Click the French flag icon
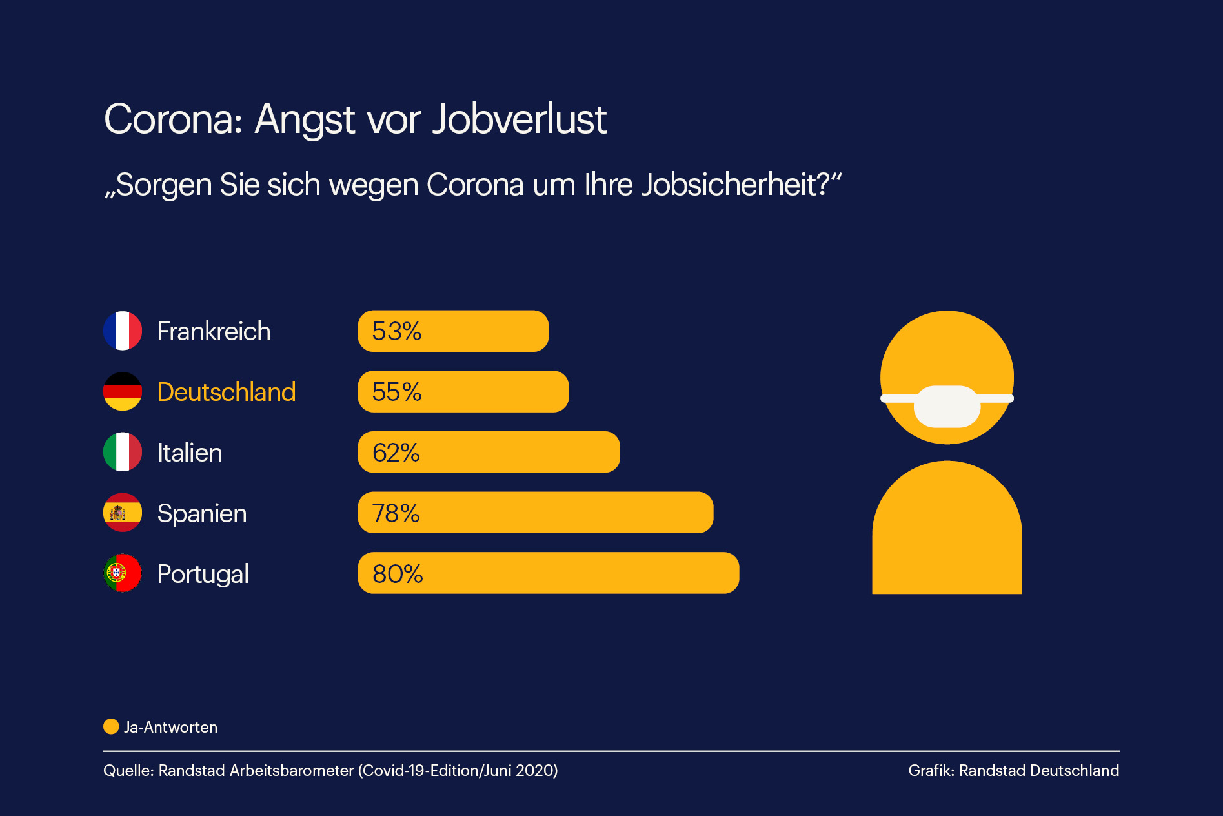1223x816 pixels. tap(123, 331)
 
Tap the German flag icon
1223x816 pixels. tap(123, 391)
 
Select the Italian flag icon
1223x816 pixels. tap(123, 452)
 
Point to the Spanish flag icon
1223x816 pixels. tap(123, 513)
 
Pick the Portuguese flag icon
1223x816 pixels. tap(123, 573)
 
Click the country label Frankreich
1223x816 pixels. tap(214, 331)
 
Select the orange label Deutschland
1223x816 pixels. tap(227, 392)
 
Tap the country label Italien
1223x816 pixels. tap(190, 453)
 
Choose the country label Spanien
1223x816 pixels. tap(202, 513)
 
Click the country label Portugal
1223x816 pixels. tap(203, 574)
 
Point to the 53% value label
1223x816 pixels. tap(396, 331)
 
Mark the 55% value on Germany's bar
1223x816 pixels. tap(396, 392)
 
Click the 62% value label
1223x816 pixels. tap(396, 453)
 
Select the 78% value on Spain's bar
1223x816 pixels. tap(396, 513)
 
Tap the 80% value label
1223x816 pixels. tap(398, 574)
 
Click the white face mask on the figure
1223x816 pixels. tap(947, 406)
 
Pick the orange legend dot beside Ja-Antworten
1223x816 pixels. tap(111, 727)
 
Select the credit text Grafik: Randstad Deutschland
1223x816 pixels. tap(1013, 770)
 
